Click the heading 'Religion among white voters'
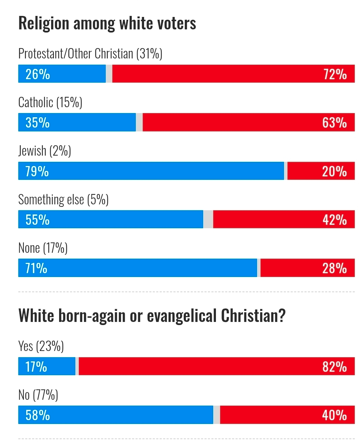tap(107, 24)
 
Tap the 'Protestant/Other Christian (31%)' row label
tap(90, 54)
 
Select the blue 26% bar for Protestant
tap(62, 74)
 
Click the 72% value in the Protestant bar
tap(335, 74)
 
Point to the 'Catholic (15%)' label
tap(50, 103)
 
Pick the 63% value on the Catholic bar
tap(334, 123)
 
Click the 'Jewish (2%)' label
tap(45, 151)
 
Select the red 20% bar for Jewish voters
tap(321, 171)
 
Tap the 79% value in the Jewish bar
tap(37, 172)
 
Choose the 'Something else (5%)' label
tap(64, 200)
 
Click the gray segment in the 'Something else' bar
tap(208, 220)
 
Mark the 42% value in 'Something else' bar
tap(334, 220)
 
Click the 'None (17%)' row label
tap(43, 248)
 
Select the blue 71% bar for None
tap(138, 268)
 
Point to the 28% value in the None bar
tap(334, 268)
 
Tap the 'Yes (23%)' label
tap(41, 346)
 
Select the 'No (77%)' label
tap(38, 395)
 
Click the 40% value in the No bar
tap(334, 415)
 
